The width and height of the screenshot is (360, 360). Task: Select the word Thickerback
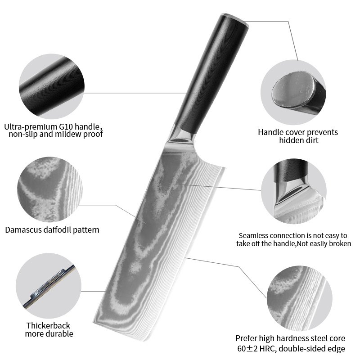tap(48, 325)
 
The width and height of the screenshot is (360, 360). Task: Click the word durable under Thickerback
tap(60, 333)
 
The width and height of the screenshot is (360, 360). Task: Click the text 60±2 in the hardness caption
tap(248, 348)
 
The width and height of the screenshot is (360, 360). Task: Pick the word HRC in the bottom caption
tap(267, 348)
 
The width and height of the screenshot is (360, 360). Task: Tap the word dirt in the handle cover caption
tap(311, 140)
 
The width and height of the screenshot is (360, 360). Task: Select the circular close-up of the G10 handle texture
tap(52, 86)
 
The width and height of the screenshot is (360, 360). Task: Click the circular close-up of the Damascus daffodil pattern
tap(50, 189)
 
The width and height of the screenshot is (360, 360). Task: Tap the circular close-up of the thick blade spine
tap(49, 286)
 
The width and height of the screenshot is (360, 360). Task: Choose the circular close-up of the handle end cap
tap(293, 92)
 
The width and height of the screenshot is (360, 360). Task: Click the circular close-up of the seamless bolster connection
tap(294, 191)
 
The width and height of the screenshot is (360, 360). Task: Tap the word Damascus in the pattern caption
tap(23, 230)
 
